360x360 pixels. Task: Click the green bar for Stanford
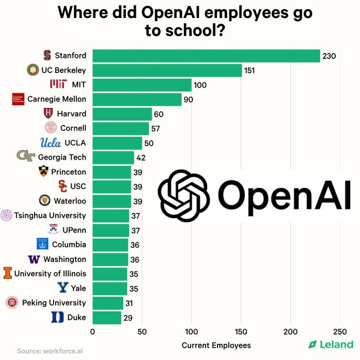(206, 56)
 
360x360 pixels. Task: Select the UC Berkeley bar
(167, 70)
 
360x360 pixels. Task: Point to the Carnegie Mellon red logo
(18, 99)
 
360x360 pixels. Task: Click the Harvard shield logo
(48, 113)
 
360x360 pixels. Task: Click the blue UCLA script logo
(50, 143)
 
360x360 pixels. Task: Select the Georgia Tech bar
(113, 157)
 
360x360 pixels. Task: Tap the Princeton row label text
(68, 172)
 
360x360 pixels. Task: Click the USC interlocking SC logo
(63, 186)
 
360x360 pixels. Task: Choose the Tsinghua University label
(50, 215)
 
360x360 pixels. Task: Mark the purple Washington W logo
(34, 259)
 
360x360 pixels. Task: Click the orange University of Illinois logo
(8, 273)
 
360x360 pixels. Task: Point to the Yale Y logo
(63, 288)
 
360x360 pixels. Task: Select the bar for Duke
(107, 318)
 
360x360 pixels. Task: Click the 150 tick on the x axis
(241, 332)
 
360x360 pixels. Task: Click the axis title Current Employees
(216, 345)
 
